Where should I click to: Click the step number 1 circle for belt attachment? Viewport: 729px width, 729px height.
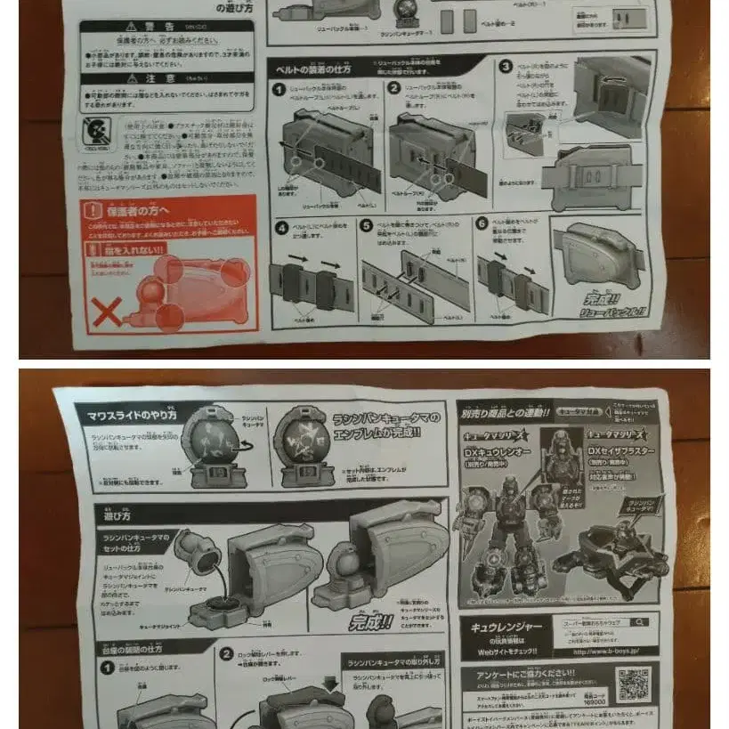(279, 90)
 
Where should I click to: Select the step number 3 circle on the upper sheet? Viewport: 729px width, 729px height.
(506, 67)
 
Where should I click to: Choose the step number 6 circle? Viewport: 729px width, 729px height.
(482, 223)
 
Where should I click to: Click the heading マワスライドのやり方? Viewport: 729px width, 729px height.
(132, 416)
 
